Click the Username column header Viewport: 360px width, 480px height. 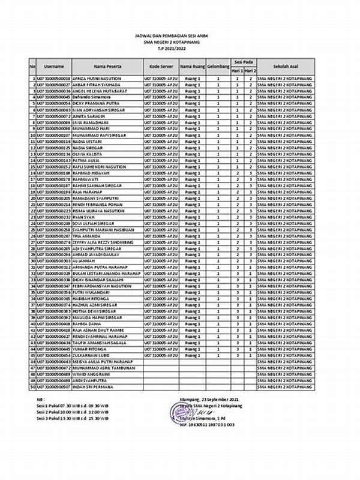coord(54,66)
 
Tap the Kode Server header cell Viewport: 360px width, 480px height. coord(160,66)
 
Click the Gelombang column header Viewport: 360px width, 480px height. coord(218,66)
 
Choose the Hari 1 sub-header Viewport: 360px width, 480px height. coord(237,70)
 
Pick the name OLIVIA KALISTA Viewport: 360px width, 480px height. coord(88,154)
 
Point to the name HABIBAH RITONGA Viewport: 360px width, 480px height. coord(91,298)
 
